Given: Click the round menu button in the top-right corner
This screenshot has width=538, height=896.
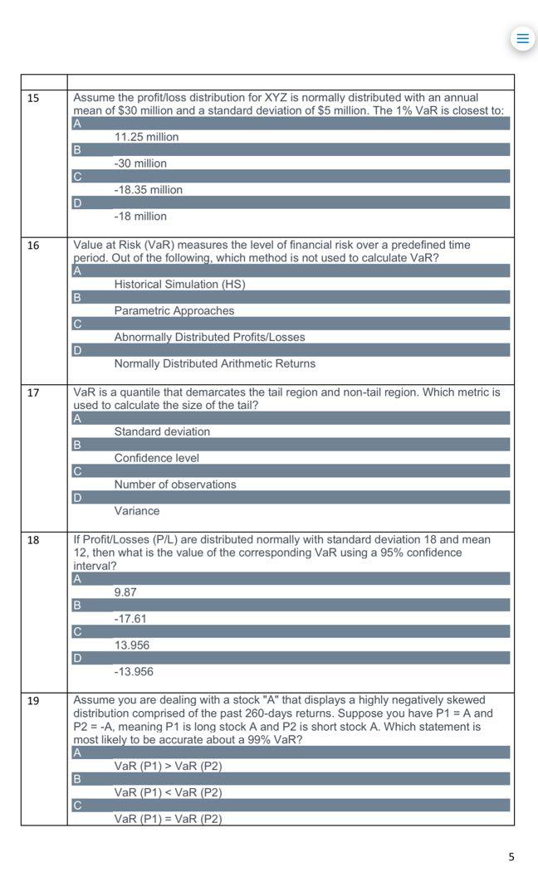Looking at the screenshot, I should [x=522, y=38].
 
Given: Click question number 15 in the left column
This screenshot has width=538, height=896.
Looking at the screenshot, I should [x=33, y=98].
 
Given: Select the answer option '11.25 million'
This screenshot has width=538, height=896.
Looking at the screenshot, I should [x=146, y=137].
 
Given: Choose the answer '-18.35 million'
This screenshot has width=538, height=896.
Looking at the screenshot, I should [x=148, y=190].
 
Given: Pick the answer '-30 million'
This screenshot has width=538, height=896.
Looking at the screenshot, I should [x=140, y=163].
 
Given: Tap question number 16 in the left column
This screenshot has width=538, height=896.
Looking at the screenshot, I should [x=33, y=246].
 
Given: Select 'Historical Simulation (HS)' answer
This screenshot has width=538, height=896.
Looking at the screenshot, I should [x=179, y=285].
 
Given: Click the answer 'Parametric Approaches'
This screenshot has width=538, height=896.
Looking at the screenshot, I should [x=174, y=311].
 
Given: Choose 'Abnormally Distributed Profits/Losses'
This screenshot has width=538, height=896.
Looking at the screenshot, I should [x=209, y=338].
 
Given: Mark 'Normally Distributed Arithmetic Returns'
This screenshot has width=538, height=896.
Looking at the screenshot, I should [x=214, y=364].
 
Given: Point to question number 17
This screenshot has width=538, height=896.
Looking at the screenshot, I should [x=33, y=392].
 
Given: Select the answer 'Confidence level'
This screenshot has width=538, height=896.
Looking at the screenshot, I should [x=156, y=458].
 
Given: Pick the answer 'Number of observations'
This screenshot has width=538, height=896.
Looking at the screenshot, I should [x=175, y=485].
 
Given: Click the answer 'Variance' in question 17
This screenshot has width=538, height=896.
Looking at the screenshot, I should [x=137, y=511].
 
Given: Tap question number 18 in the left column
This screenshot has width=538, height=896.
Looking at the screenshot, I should [x=33, y=540].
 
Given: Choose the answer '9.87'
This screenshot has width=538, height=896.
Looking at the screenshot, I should [x=125, y=592].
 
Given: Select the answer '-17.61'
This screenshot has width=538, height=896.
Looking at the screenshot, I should [x=130, y=619].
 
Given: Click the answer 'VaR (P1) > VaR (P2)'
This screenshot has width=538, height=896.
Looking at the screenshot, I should [x=168, y=766].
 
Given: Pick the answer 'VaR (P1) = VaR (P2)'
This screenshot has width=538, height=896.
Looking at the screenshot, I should [x=168, y=819].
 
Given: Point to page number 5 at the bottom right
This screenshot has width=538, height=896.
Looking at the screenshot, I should [x=511, y=857].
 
